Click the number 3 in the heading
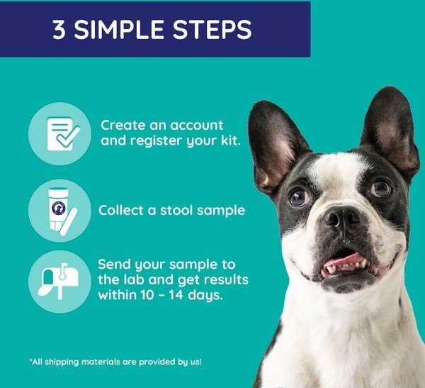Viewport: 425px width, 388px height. [59, 29]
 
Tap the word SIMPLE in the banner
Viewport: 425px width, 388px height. [119, 29]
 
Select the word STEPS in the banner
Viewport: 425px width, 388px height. [212, 29]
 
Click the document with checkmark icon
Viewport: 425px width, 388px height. [63, 133]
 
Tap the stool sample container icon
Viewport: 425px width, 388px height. [62, 211]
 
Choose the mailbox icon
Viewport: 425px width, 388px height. [59, 281]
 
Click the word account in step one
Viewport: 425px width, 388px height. [196, 126]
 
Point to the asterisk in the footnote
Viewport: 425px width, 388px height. [30, 360]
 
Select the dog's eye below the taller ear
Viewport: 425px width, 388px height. [381, 188]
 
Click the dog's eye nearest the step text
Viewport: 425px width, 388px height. [299, 197]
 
